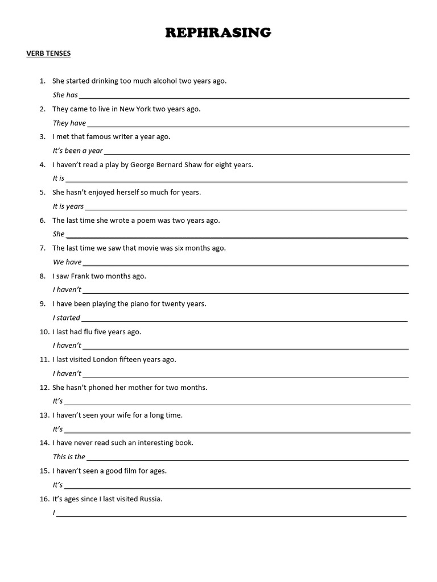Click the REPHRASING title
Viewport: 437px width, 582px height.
click(218, 33)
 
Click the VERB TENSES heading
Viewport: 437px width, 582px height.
click(48, 54)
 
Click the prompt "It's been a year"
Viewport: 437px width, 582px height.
click(78, 151)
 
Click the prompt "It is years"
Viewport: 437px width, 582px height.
click(68, 206)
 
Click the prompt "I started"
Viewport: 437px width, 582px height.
click(67, 318)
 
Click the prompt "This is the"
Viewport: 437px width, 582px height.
click(69, 456)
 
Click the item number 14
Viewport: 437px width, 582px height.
click(44, 443)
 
